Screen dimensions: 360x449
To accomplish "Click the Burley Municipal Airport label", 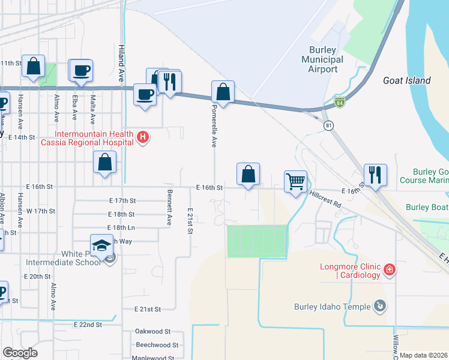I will pyautogui.click(x=322, y=59).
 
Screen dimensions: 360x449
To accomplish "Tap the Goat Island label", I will pyautogui.click(x=407, y=80).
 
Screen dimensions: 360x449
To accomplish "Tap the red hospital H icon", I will pyautogui.click(x=143, y=138).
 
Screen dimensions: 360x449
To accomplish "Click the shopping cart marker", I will pyautogui.click(x=295, y=181).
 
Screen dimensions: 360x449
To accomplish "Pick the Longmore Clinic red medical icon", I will pyautogui.click(x=390, y=270).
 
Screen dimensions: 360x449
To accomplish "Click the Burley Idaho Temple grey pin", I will pyautogui.click(x=379, y=307).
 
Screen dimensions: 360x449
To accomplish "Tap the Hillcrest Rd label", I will pyautogui.click(x=325, y=199).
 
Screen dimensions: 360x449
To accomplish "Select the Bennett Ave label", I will pyautogui.click(x=169, y=206).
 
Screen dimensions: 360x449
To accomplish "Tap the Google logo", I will pyautogui.click(x=20, y=353).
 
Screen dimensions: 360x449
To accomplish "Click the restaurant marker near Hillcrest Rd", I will pyautogui.click(x=375, y=175).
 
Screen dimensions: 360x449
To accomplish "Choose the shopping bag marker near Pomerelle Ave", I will pyautogui.click(x=223, y=92).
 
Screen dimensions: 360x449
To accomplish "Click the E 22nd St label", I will pyautogui.click(x=88, y=325).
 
